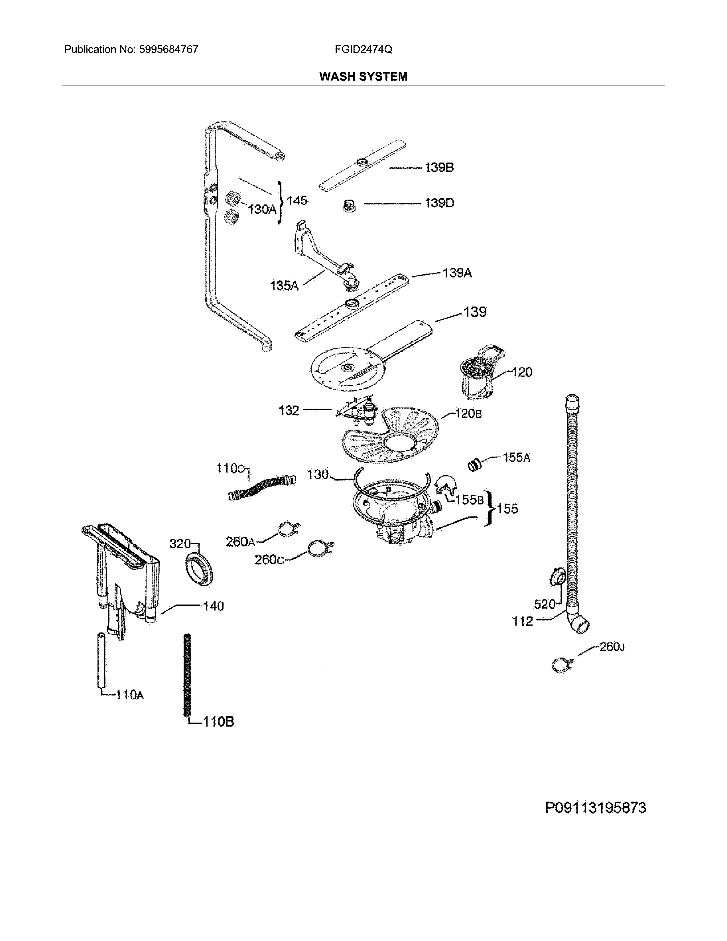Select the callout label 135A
click(284, 286)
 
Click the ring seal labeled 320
click(199, 571)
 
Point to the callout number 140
click(213, 606)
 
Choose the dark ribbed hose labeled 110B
click(187, 674)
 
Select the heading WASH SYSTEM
click(363, 77)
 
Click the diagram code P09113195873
click(595, 808)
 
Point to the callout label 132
click(289, 410)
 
